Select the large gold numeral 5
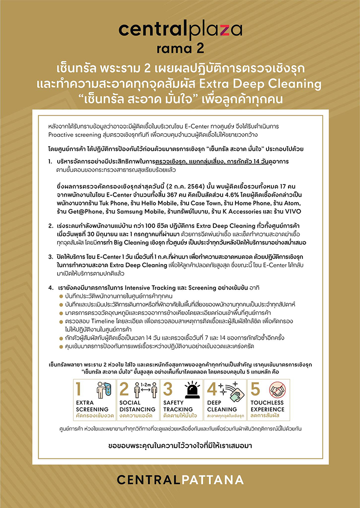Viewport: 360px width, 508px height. click(x=255, y=389)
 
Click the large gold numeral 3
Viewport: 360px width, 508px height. click(x=168, y=389)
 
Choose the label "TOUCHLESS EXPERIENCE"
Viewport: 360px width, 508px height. click(x=267, y=406)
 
